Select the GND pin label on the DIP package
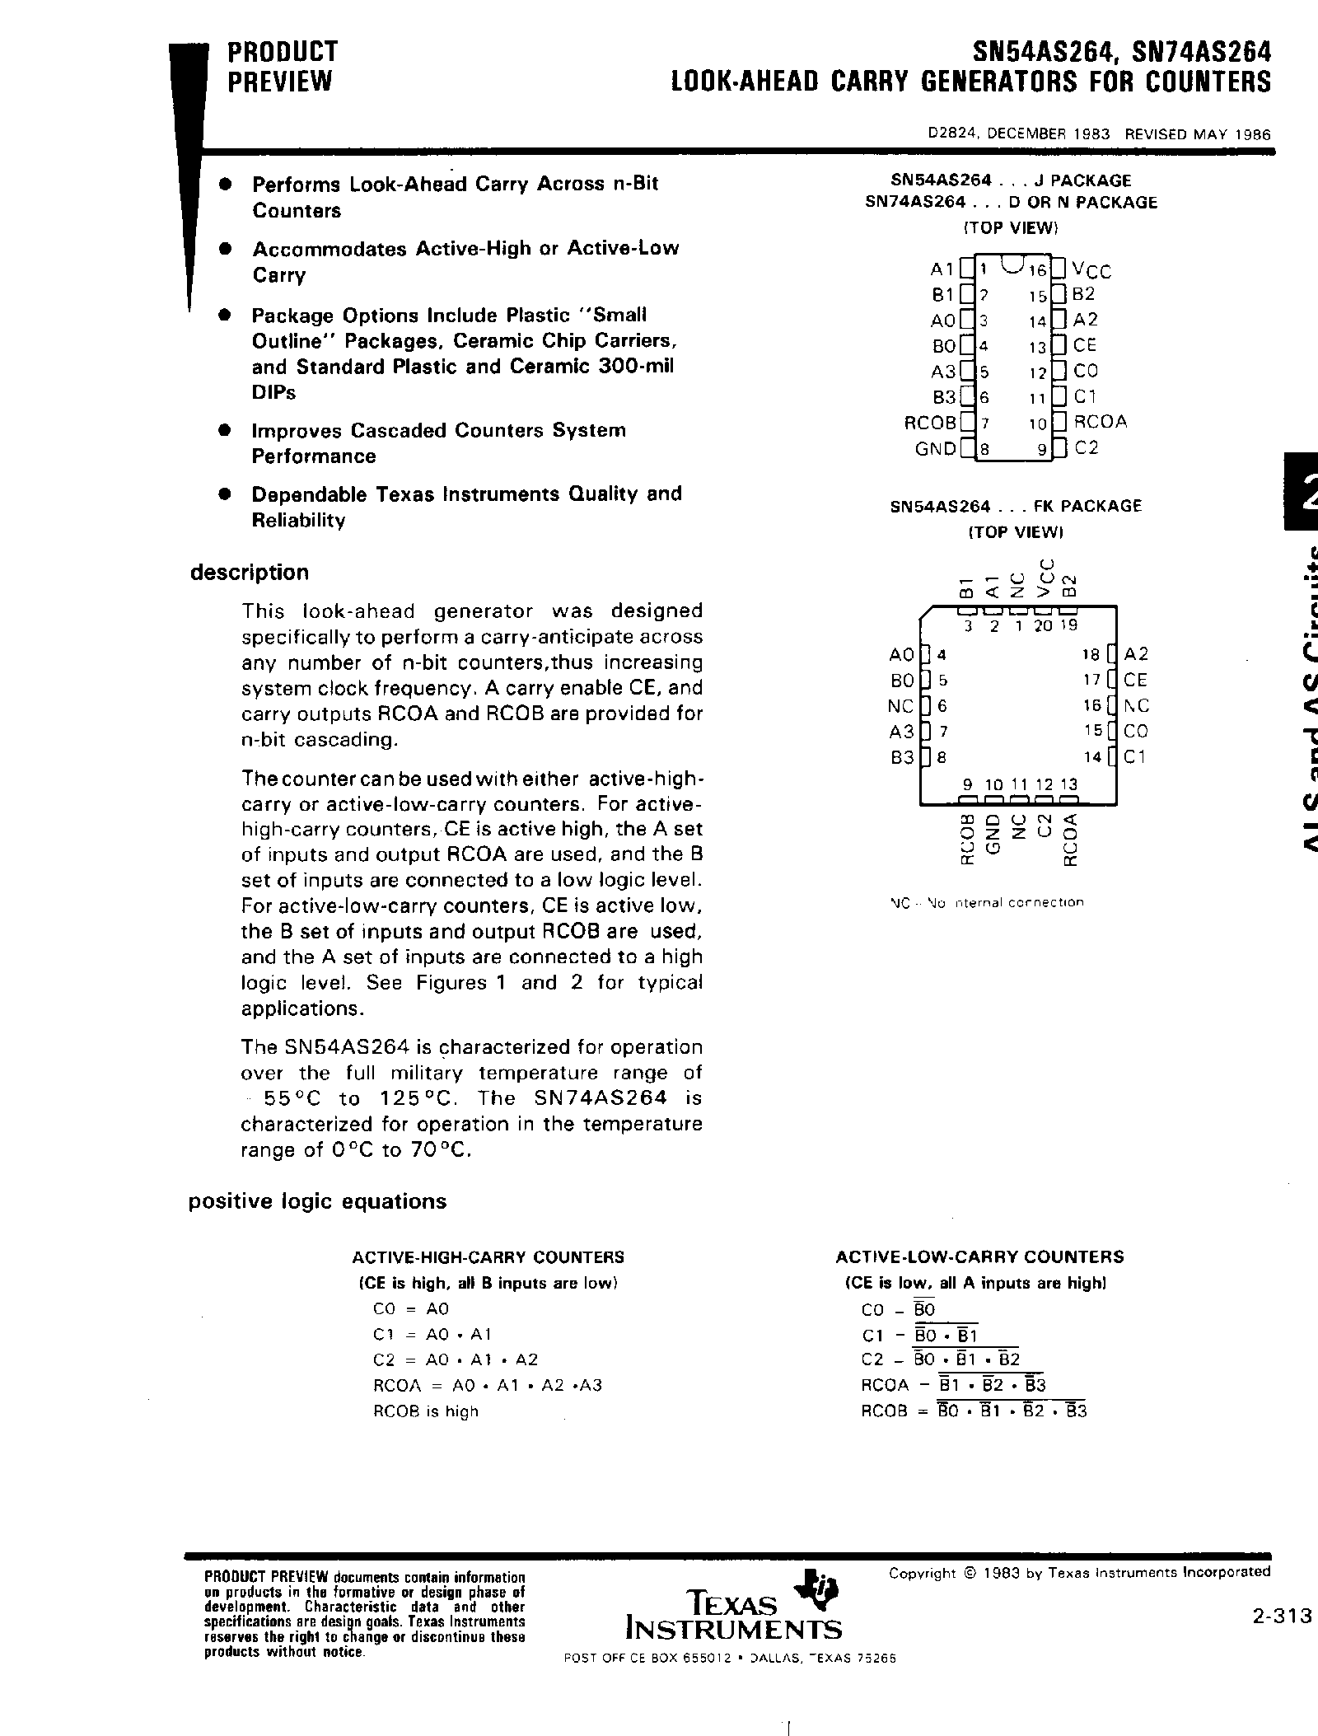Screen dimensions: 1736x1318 935,449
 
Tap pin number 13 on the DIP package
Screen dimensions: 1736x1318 1037,347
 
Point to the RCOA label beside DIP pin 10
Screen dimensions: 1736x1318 1101,422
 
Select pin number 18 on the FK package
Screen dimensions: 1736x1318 1091,655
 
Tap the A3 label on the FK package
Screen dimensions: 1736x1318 902,732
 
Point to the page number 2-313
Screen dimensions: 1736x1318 1280,1617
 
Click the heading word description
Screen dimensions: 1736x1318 249,572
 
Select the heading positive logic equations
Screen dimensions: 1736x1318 317,1201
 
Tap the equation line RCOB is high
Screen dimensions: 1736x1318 425,1411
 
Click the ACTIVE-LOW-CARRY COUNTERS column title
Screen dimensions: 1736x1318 979,1257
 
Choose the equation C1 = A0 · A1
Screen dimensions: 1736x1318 432,1334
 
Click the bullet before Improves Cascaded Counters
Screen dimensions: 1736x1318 222,430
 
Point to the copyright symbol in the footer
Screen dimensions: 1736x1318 969,1573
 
